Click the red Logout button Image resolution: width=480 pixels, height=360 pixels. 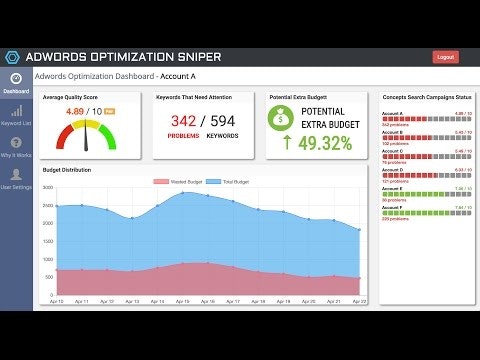(445, 57)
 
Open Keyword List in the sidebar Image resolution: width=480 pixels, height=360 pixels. (15, 116)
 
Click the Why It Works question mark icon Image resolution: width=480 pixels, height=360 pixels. (15, 143)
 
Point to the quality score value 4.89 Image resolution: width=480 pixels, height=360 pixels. (79, 111)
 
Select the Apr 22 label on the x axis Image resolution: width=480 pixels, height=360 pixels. (359, 300)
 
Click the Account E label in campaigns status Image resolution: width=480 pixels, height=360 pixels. (393, 187)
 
